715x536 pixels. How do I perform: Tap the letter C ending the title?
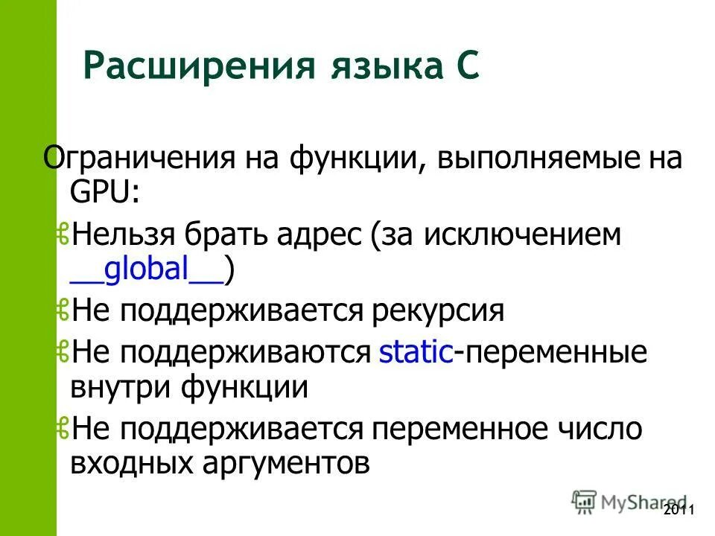pyautogui.click(x=467, y=67)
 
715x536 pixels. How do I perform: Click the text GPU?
pyautogui.click(x=105, y=193)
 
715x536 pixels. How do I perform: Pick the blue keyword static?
pyautogui.click(x=416, y=352)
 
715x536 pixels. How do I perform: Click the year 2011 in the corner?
pyautogui.click(x=678, y=510)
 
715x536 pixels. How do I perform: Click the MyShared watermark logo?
pyautogui.click(x=629, y=501)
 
